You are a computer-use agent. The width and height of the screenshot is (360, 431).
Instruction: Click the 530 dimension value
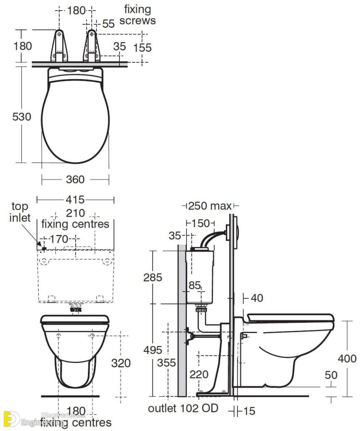21,117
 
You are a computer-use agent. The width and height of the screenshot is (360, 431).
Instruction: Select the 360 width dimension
75,179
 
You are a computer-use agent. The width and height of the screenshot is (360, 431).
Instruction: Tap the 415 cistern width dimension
75,199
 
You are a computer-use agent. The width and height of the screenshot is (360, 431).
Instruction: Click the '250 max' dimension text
209,206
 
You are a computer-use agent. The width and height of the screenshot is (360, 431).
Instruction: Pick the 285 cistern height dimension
153,277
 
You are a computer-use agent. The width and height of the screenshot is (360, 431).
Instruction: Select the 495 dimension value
153,350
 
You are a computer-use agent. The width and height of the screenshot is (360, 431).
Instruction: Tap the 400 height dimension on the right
347,359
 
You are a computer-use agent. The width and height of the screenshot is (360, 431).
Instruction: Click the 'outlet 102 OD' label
183,408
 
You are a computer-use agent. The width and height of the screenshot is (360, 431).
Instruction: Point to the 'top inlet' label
21,212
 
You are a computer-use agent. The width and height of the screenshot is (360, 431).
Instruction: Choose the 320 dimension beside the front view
122,362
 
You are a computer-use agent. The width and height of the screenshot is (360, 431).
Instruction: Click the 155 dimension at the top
142,48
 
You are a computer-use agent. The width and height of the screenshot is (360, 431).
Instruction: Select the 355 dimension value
167,362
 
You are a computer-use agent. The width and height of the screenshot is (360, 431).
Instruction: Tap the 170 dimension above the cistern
59,239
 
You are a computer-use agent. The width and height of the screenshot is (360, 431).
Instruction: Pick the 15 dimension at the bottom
249,411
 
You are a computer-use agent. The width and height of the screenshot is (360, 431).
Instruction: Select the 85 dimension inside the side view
195,285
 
